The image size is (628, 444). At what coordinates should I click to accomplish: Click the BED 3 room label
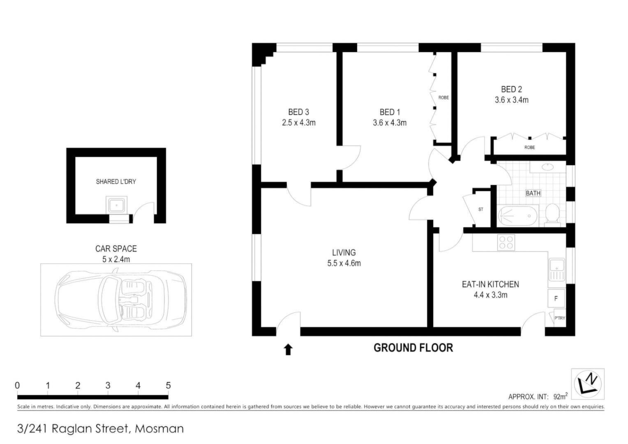click(x=298, y=112)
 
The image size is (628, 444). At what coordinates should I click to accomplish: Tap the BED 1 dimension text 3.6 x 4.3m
click(x=390, y=123)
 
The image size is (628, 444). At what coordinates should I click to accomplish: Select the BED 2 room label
click(x=512, y=90)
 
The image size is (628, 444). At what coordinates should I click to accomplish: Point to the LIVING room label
click(x=344, y=253)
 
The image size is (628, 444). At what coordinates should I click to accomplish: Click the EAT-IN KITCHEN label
click(x=491, y=284)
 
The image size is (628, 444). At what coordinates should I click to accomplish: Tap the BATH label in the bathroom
click(x=533, y=193)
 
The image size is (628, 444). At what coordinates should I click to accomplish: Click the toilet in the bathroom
click(x=552, y=215)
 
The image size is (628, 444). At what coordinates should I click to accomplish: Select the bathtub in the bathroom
click(x=517, y=216)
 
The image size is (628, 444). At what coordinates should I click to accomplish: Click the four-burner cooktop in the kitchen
click(x=506, y=242)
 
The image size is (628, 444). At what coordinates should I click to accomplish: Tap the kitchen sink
click(x=557, y=270)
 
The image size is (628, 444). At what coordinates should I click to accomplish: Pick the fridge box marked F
click(x=556, y=298)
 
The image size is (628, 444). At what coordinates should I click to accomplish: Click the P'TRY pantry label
click(x=560, y=318)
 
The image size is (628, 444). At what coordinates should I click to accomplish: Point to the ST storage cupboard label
click(x=481, y=209)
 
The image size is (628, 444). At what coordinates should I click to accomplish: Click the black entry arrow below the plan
click(x=288, y=350)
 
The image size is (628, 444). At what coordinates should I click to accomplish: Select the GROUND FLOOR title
click(x=413, y=348)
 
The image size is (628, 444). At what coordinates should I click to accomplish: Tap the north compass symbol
click(x=588, y=384)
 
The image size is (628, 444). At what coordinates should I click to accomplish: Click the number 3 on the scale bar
click(x=108, y=386)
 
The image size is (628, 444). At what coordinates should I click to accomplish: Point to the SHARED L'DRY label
click(x=116, y=182)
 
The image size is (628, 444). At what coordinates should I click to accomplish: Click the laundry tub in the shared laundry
click(x=116, y=206)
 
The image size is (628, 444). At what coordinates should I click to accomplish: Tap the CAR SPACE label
click(x=116, y=249)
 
